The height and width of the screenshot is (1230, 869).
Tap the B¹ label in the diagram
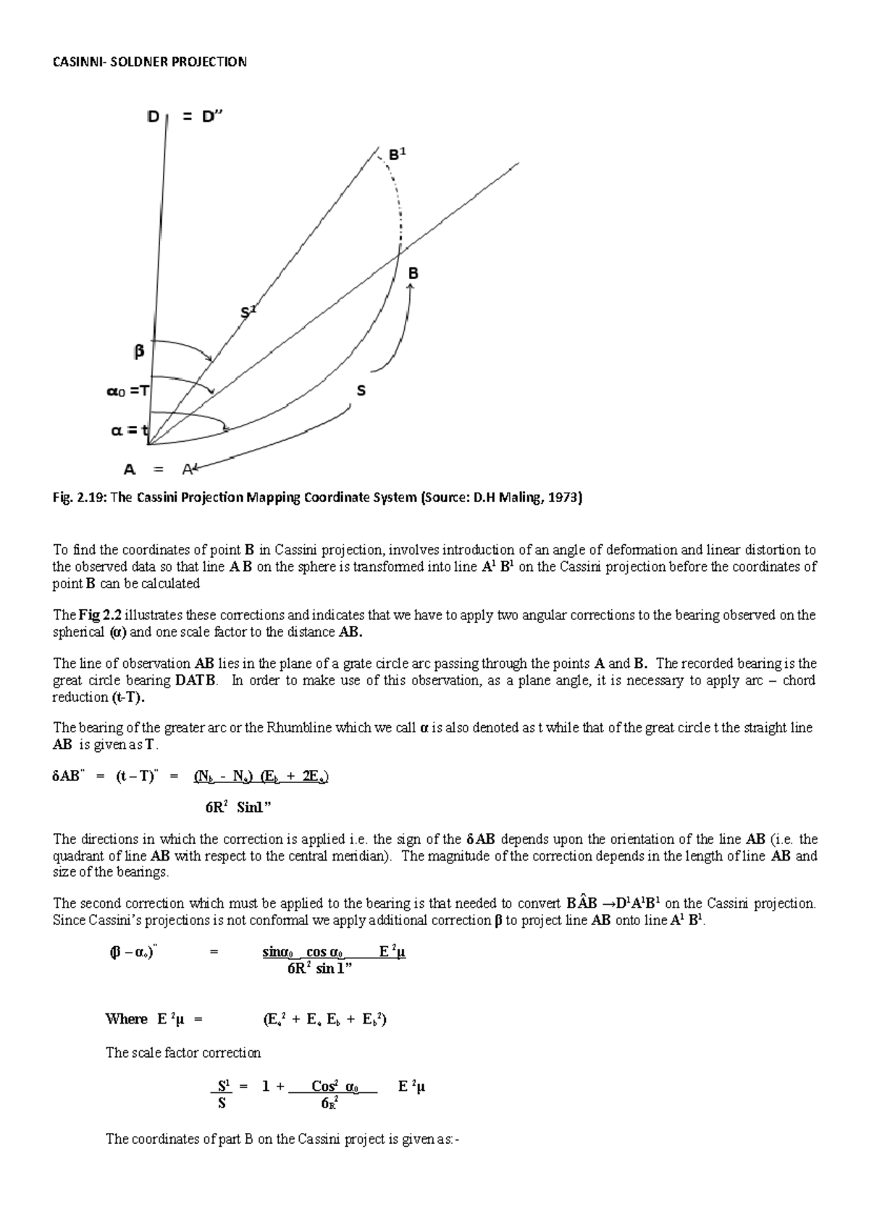pyautogui.click(x=398, y=155)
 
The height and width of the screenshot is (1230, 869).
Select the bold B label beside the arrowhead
pyautogui.click(x=413, y=274)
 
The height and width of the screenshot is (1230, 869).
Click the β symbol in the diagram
pyautogui.click(x=138, y=351)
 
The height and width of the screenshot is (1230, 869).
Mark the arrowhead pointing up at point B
pyautogui.click(x=411, y=288)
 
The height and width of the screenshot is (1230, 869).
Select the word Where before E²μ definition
pyautogui.click(x=126, y=1019)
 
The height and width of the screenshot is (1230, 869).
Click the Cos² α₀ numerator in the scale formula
pyautogui.click(x=334, y=1086)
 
